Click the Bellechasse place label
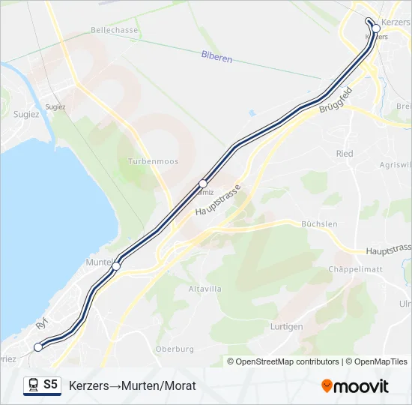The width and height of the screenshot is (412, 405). click(x=115, y=30)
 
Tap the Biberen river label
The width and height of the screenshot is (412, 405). click(x=216, y=56)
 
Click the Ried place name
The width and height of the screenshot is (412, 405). click(x=345, y=154)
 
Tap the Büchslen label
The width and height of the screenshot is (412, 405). click(x=319, y=224)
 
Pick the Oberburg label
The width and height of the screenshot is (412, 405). click(x=175, y=349)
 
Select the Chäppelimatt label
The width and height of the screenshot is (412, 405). click(x=357, y=268)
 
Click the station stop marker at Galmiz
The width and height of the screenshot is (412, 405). click(x=203, y=183)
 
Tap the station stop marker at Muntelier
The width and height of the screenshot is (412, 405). click(x=116, y=265)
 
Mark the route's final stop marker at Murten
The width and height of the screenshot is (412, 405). click(x=38, y=346)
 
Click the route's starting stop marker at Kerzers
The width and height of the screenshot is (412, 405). click(x=376, y=28)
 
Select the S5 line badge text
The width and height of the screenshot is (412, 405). click(x=50, y=385)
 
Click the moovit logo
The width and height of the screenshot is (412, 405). click(x=355, y=386)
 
